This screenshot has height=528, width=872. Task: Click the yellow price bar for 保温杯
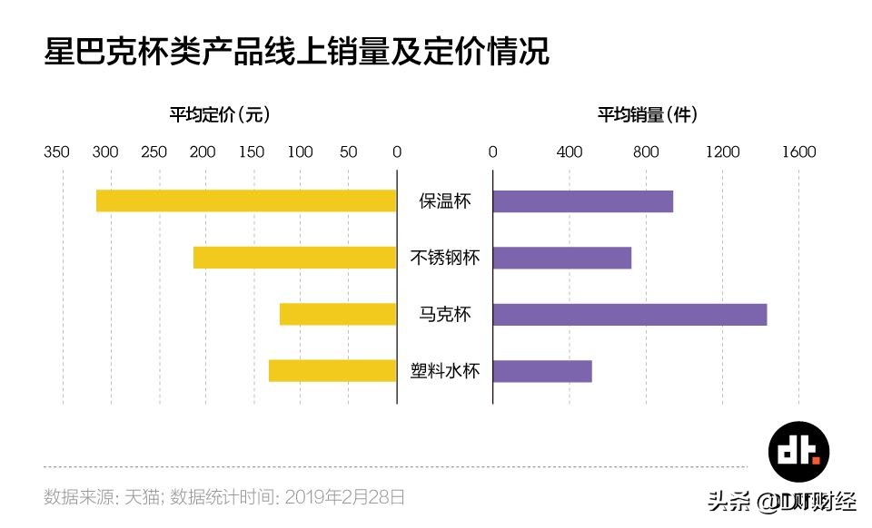(x=246, y=200)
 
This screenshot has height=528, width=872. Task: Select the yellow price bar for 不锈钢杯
(x=295, y=258)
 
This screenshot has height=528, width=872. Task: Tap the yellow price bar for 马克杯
(x=338, y=314)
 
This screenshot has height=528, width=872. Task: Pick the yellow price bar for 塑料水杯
(x=332, y=371)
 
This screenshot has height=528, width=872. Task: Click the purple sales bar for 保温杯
(x=582, y=200)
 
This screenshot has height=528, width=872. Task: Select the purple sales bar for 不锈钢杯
(x=561, y=258)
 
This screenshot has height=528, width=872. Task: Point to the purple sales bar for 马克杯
(x=629, y=314)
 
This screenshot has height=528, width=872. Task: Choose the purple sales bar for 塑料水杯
(x=542, y=371)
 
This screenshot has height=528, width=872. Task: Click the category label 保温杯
(x=445, y=200)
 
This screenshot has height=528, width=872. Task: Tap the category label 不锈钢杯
(x=445, y=258)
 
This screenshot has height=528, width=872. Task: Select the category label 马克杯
(x=445, y=314)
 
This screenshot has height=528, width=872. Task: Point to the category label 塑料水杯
(x=445, y=371)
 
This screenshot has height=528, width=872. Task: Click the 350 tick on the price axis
(x=56, y=152)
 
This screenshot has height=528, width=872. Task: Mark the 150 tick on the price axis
(x=252, y=152)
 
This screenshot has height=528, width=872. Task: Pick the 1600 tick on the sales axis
(x=799, y=152)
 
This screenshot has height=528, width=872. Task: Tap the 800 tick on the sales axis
(x=646, y=152)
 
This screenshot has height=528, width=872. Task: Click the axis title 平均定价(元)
(x=219, y=115)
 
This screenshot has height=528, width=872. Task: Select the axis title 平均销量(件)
(x=647, y=115)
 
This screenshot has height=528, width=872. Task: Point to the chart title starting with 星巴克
(x=297, y=51)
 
